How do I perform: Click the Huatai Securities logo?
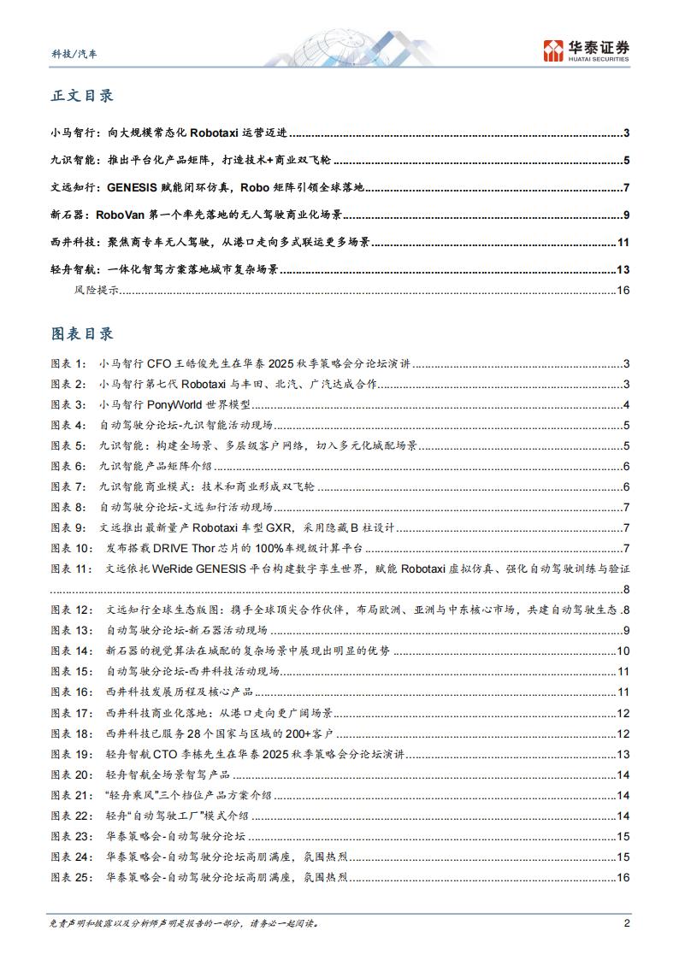[x=586, y=50]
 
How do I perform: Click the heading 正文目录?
[x=82, y=96]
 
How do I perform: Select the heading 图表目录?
[x=82, y=333]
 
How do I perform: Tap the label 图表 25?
[x=72, y=877]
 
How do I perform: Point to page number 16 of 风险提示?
[x=623, y=291]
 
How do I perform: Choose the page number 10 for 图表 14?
[x=623, y=651]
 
